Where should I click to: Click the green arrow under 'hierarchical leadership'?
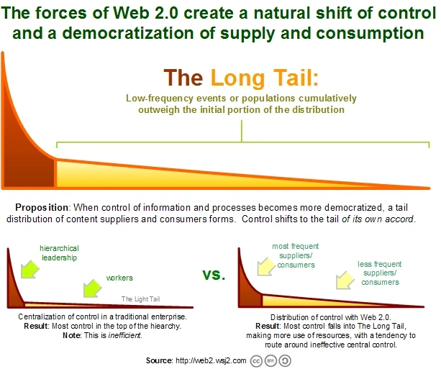pos(29,270)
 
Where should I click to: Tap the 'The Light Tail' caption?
pos(142,299)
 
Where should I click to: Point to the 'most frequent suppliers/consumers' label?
pos(295,255)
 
